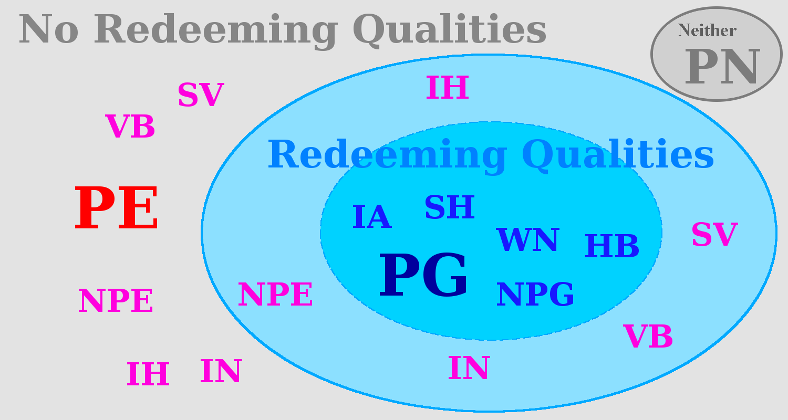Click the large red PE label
tap(117, 209)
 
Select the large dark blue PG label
tap(423, 276)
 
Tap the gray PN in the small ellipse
tap(723, 67)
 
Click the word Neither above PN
tap(707, 30)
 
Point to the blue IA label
tap(372, 217)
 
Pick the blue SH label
tap(450, 207)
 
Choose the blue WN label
tap(528, 240)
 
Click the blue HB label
tap(612, 246)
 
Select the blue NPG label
tap(535, 295)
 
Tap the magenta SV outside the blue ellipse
tap(201, 95)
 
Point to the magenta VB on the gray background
tap(130, 127)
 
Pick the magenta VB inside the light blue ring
tap(648, 337)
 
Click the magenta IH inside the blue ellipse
tap(447, 88)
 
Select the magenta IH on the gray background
tap(148, 374)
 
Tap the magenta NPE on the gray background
tap(116, 301)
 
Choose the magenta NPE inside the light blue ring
tap(275, 295)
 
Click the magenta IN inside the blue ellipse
tap(469, 368)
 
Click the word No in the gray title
tap(48, 29)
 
